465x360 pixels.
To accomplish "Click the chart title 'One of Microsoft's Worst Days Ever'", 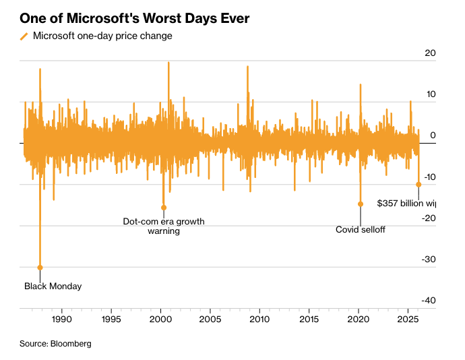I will click(x=135, y=18).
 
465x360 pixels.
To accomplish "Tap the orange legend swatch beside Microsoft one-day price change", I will click(x=24, y=36).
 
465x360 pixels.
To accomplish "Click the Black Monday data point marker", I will click(x=40, y=268).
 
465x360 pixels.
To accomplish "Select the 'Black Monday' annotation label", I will click(x=53, y=287).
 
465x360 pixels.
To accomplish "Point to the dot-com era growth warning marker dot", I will click(x=164, y=208).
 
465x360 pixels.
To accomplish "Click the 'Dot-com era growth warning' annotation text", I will click(x=164, y=226).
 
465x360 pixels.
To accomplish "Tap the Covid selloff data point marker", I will click(x=361, y=204).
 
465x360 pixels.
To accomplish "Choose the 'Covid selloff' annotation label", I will click(x=361, y=230).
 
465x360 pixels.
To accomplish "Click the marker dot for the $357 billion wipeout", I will click(x=418, y=184).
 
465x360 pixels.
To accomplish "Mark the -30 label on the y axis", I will click(x=429, y=260).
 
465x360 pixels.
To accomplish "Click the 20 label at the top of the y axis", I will click(x=431, y=53).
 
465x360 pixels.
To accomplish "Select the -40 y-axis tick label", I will click(x=429, y=301).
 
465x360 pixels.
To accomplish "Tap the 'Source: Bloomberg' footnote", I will click(x=55, y=344).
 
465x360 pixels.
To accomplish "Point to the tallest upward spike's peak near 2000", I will click(x=168, y=63).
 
